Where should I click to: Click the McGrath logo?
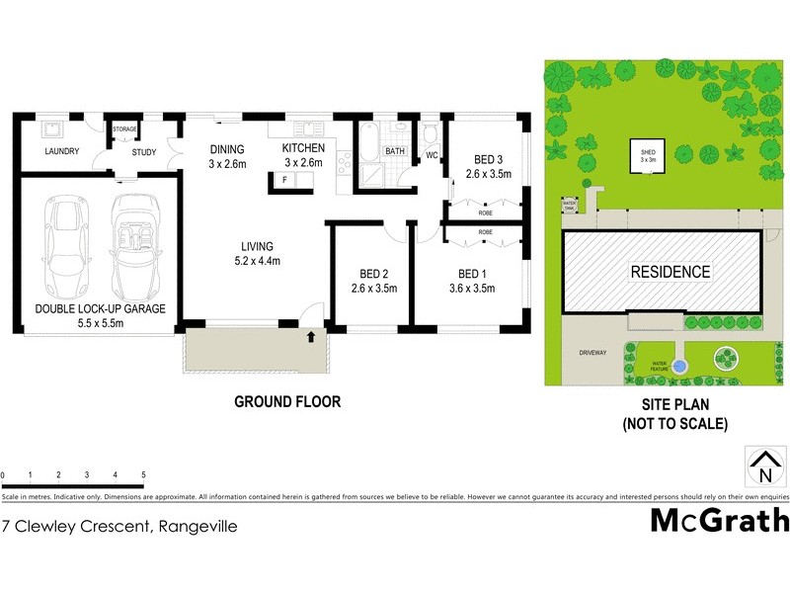pos(720,519)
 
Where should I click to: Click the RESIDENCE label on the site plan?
pos(671,272)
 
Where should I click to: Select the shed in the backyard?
pos(647,155)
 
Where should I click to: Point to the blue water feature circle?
pos(678,366)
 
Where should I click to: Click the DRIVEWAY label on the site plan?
pos(593,352)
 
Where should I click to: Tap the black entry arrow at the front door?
pos(312,337)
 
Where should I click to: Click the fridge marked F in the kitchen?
pos(284,180)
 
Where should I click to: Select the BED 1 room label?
pos(471,274)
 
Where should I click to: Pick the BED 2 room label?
pos(372,274)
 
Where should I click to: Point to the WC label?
pos(432,156)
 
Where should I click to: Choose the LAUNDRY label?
pos(61,151)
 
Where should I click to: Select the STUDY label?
pos(144,151)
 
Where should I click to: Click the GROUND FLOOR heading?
pos(286,401)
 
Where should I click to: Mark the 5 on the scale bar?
pos(144,475)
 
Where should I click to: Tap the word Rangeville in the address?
pos(197,527)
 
